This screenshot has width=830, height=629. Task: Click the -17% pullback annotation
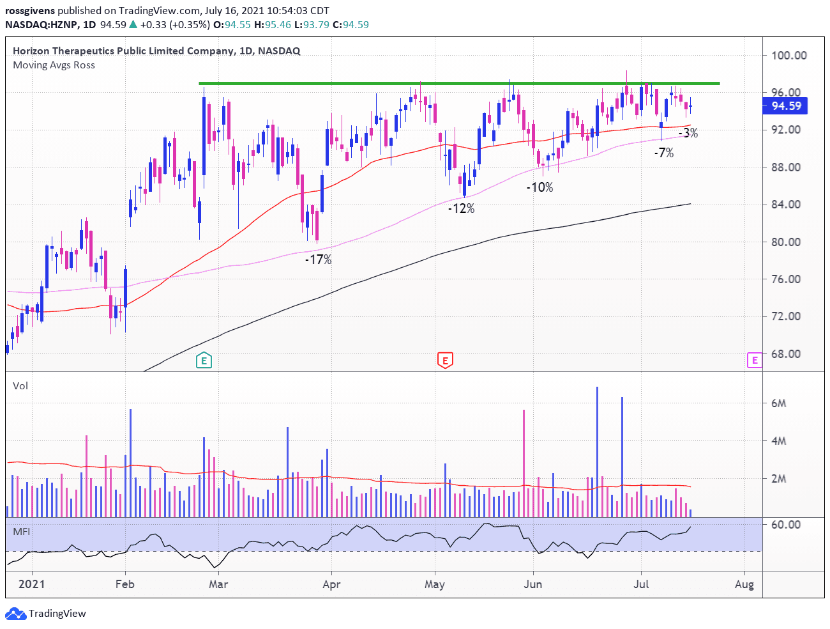[x=318, y=260]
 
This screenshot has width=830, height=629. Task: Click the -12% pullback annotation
[x=461, y=208]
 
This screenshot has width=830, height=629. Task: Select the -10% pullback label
[x=539, y=187]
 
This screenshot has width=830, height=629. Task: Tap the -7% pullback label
[x=664, y=153]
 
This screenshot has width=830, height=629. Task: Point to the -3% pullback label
[x=688, y=133]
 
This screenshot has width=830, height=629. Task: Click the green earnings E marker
[x=204, y=361]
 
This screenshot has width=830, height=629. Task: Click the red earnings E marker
[x=445, y=361]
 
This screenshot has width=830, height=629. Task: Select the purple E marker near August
[x=755, y=361]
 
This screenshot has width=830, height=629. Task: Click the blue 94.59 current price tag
[x=785, y=106]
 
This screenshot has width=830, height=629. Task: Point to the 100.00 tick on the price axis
[x=788, y=56]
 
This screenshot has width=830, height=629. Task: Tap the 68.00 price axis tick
[x=785, y=354]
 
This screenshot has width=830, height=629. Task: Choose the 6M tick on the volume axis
[x=778, y=403]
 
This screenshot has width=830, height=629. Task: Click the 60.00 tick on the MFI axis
[x=785, y=525]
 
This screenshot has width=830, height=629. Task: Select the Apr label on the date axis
[x=331, y=584]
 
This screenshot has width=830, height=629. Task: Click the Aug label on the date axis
[x=744, y=584]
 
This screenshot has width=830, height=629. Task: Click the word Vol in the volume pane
[x=20, y=386]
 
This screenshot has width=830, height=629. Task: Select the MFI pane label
[x=21, y=532]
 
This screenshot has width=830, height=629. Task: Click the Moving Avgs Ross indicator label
[x=54, y=65]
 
